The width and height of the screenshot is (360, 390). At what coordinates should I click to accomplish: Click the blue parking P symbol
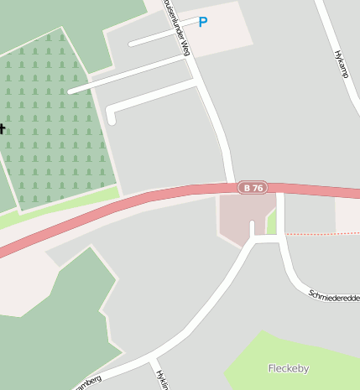(202, 23)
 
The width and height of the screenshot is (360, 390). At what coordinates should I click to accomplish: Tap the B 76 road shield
(252, 188)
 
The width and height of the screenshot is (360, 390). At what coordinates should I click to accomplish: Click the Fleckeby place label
(288, 368)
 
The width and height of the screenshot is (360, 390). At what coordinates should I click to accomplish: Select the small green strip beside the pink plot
(271, 222)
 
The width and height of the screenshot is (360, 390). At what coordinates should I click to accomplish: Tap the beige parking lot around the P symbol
(227, 34)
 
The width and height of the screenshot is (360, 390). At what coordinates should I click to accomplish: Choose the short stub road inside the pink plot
(252, 229)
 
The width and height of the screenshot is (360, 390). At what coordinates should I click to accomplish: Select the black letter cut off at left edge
(3, 128)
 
